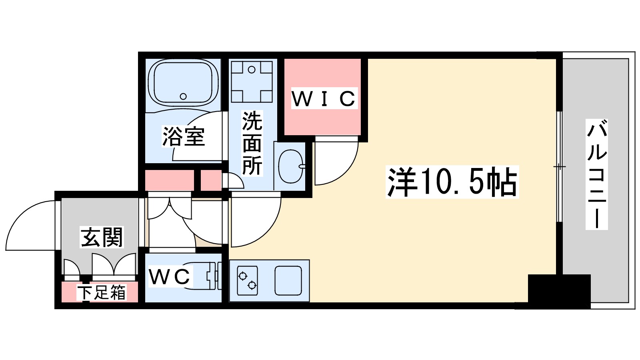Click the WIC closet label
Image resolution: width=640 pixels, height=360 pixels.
pos(323,98)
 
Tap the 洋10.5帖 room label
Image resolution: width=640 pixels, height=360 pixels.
pos(452,182)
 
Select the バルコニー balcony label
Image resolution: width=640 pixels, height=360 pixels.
pos(596,174)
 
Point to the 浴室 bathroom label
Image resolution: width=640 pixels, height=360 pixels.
pos(184,136)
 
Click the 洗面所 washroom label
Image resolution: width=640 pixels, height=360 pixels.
pos(252,143)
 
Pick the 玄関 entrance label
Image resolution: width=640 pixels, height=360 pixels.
pos(102,237)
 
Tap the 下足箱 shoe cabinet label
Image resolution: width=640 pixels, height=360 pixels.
pos(102,292)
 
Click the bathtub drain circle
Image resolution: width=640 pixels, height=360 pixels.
pos(183,96)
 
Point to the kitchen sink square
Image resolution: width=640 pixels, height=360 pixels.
pos(288,280)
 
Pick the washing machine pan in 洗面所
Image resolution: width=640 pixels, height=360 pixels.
pos(252,81)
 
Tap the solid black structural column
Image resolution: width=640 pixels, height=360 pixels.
pos(559,291)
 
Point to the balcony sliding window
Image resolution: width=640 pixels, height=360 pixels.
pos(560,166)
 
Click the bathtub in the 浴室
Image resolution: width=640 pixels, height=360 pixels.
pos(183,83)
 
